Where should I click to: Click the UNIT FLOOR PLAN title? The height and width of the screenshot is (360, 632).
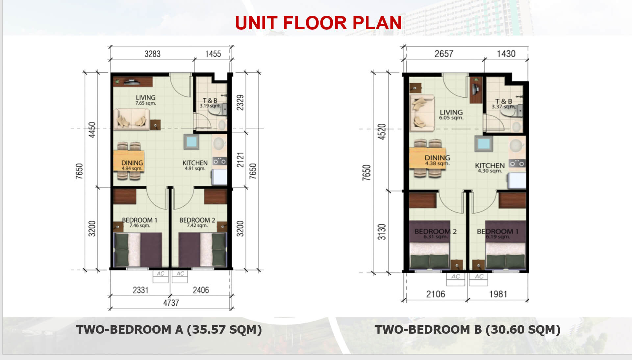[x=318, y=23]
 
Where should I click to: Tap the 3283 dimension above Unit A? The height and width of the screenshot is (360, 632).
[x=152, y=54]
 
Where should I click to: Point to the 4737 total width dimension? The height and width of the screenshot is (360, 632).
[x=171, y=303]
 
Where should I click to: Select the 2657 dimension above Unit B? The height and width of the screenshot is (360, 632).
[x=444, y=54]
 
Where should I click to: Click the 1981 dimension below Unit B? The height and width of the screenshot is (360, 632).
[x=498, y=294]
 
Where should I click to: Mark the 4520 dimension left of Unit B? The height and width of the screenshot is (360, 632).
[x=382, y=132]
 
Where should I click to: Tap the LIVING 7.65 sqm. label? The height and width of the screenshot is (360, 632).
[x=145, y=100]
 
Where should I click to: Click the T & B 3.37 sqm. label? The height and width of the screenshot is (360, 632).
[x=504, y=104]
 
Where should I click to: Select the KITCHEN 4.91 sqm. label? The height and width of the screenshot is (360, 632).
[x=195, y=165]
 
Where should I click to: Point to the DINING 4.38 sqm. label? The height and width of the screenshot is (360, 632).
[x=437, y=160]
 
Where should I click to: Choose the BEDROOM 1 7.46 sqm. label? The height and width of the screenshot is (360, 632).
[x=139, y=222]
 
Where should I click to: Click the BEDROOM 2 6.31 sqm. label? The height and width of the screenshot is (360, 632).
[x=436, y=234]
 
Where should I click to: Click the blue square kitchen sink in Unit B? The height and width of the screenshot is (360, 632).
[x=483, y=144]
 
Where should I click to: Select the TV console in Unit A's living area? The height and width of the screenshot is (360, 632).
[x=133, y=82]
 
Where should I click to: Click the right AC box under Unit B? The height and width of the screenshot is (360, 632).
[x=479, y=279]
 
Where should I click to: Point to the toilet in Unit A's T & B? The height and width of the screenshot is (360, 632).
[x=218, y=110]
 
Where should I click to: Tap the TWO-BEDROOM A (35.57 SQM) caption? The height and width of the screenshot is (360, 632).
[x=169, y=329]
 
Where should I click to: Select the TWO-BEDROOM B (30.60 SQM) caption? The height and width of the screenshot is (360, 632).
[x=468, y=329]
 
